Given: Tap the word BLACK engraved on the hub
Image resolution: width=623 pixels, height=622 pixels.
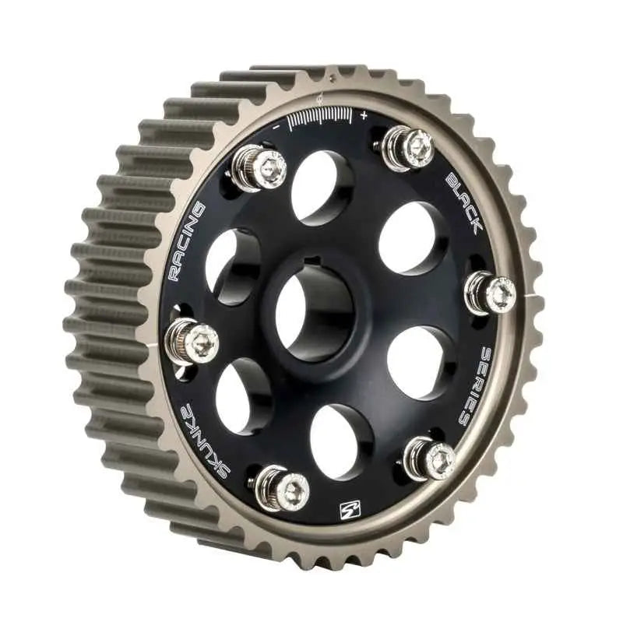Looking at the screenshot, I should [465, 202].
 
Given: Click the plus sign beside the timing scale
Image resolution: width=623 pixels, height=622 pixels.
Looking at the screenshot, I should [364, 115].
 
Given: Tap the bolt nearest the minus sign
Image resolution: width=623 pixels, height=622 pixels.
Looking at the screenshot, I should [260, 167].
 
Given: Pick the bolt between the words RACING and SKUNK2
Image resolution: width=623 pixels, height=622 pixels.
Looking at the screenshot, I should [191, 342].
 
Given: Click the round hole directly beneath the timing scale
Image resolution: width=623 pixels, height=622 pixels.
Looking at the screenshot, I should [320, 187].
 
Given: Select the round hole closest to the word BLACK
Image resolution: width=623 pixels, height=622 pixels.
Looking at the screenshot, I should [410, 237].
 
